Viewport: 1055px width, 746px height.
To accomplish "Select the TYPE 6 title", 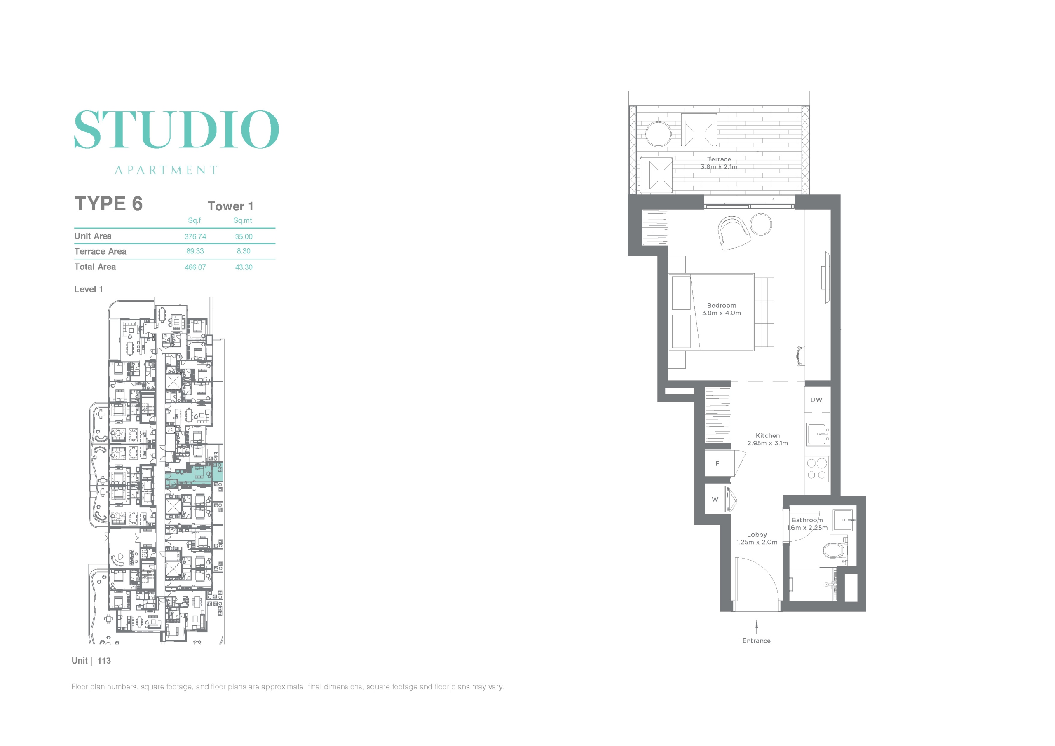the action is tap(108, 203).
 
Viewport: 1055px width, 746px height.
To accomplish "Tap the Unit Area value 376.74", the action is tap(195, 236).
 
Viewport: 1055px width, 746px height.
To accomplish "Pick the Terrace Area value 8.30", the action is tap(244, 251).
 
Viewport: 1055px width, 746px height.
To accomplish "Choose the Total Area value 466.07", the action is tap(195, 267).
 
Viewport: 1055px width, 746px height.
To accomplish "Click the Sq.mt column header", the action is tap(243, 220).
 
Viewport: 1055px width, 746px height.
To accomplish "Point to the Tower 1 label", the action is tap(230, 206).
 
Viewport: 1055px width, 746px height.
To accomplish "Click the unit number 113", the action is tap(104, 661).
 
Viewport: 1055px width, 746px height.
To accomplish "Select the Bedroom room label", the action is tap(722, 306).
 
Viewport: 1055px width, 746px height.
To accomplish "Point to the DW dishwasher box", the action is tap(816, 400).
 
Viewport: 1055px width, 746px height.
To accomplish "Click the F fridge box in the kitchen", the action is tap(717, 463).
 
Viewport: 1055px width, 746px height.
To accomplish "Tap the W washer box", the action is tap(715, 499).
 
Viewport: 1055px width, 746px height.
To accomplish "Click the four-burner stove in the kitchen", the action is tap(817, 469).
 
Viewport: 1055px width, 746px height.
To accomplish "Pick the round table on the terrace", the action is tap(659, 134).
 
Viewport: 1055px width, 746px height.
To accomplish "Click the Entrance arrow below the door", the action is tap(756, 627).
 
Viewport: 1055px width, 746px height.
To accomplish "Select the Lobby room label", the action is tap(757, 535).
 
